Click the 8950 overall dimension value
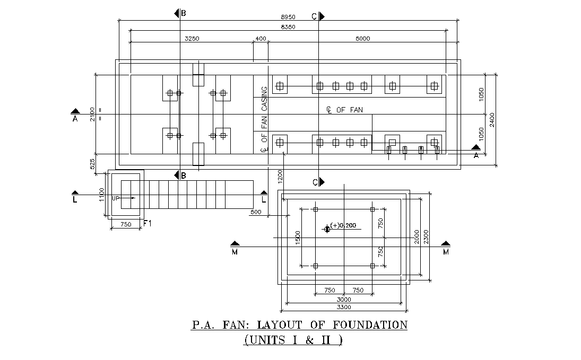pyautogui.click(x=288, y=17)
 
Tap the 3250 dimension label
pyautogui.click(x=192, y=38)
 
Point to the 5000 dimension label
pyautogui.click(x=363, y=38)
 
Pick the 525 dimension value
pyautogui.click(x=93, y=163)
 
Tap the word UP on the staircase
pyautogui.click(x=116, y=198)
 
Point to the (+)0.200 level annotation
pyautogui.click(x=343, y=225)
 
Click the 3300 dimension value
pyautogui.click(x=344, y=307)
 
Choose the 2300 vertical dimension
pyautogui.click(x=426, y=237)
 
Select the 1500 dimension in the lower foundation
pyautogui.click(x=298, y=237)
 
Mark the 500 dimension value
pyautogui.click(x=256, y=212)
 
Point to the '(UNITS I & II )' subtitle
pyautogui.click(x=293, y=340)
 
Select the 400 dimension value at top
pyautogui.click(x=261, y=38)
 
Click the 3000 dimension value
pyautogui.click(x=344, y=300)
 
